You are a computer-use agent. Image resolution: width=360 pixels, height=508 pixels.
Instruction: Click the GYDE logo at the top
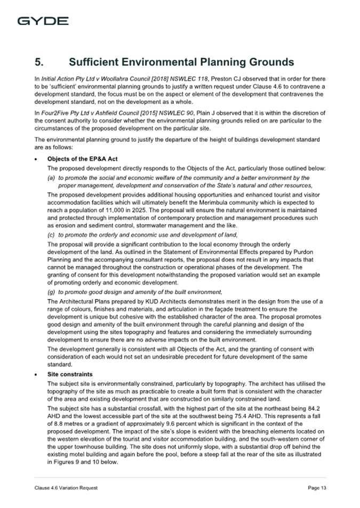point(43,21)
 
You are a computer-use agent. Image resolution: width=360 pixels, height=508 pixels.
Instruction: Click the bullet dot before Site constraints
point(35,374)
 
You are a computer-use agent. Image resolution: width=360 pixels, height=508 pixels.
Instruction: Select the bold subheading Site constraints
point(70,374)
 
